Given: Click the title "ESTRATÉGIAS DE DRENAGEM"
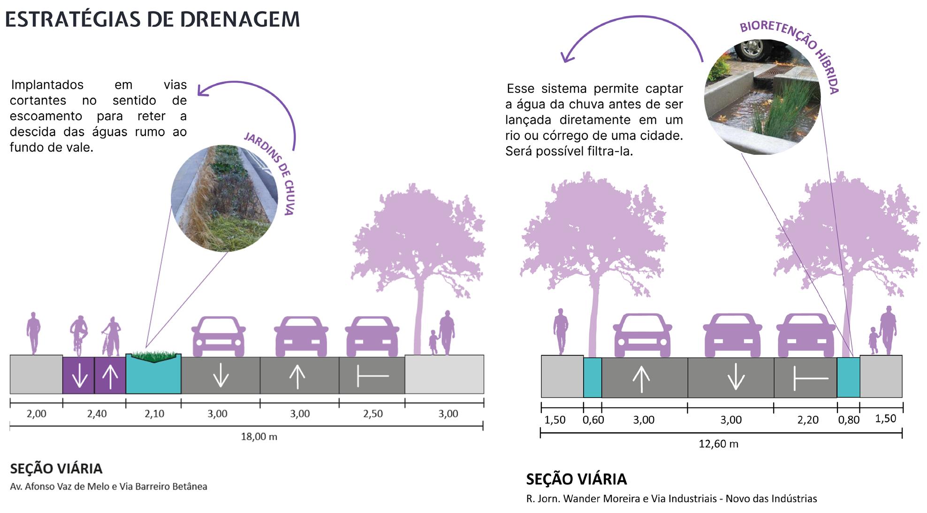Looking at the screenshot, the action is tap(152, 20).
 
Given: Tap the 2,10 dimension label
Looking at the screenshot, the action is tap(154, 414).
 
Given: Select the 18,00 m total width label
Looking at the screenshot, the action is tap(259, 437).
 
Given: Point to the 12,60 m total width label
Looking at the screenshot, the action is tap(718, 444).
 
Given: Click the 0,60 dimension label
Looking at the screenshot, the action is tap(593, 420).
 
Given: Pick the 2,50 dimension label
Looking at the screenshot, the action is tap(372, 414).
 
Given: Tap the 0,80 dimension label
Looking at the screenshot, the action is tap(849, 420).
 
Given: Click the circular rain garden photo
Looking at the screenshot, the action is tap(224, 199).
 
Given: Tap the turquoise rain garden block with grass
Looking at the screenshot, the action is tap(153, 375).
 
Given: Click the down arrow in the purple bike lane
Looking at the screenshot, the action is tap(79, 375).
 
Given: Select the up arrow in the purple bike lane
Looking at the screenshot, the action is tap(110, 375).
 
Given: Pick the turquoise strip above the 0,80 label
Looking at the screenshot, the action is tap(848, 378).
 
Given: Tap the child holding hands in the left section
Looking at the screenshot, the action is tap(433, 342).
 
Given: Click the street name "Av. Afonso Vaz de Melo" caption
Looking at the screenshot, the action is tap(108, 487).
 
